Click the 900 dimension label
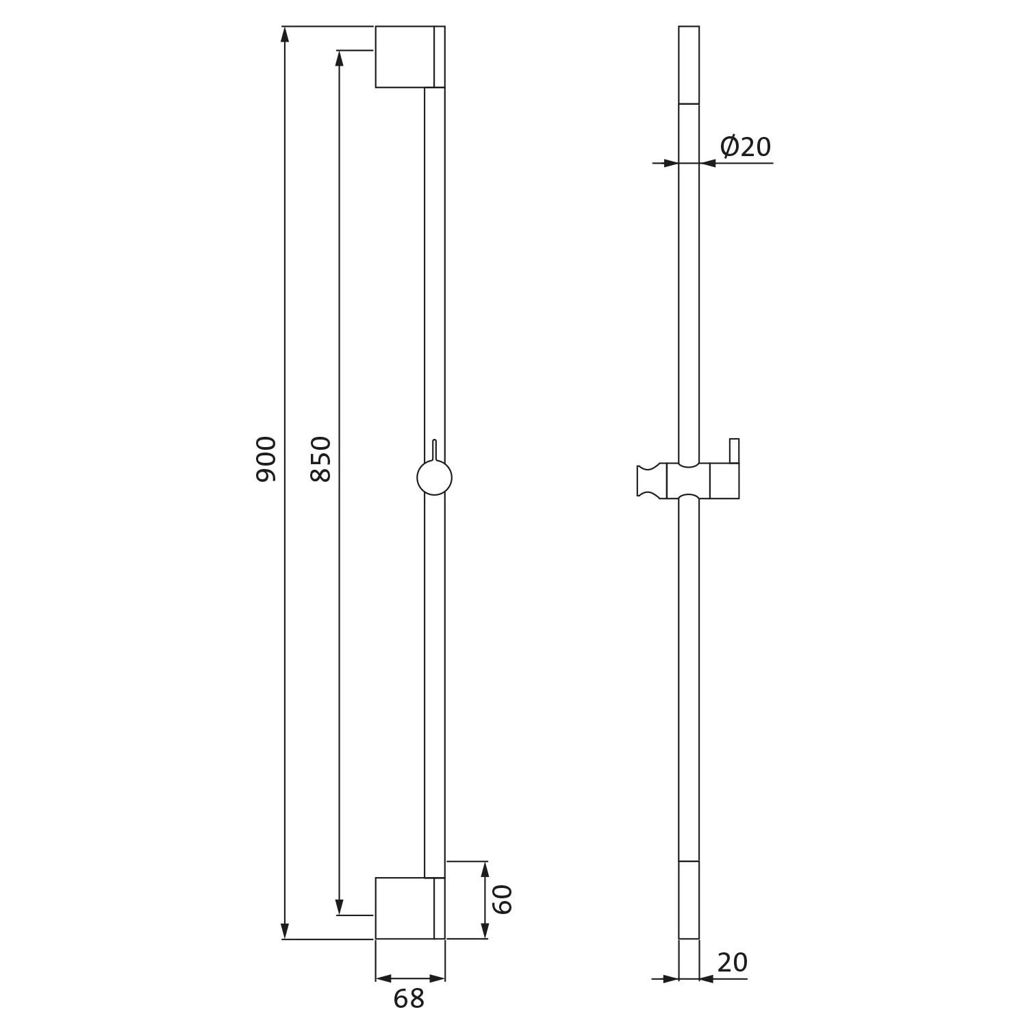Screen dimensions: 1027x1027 click(266, 459)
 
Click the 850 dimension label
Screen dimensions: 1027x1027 click(320, 459)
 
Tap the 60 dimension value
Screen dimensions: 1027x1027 click(503, 899)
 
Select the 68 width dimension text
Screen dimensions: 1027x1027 click(409, 999)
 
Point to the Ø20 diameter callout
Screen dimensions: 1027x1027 click(746, 146)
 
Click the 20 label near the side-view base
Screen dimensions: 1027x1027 click(733, 963)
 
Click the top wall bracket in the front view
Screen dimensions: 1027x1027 click(410, 57)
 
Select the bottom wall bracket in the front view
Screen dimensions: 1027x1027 click(410, 908)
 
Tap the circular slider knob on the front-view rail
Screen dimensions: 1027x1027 click(434, 477)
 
